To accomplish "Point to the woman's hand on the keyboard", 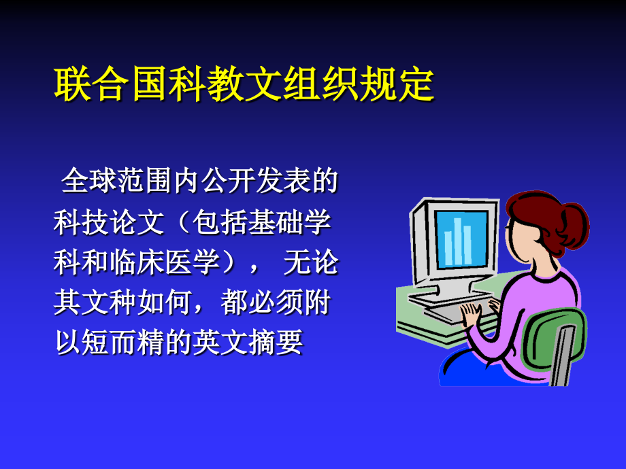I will click(472, 314).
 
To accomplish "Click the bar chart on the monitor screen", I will click(458, 241).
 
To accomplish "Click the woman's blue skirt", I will click(476, 370).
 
